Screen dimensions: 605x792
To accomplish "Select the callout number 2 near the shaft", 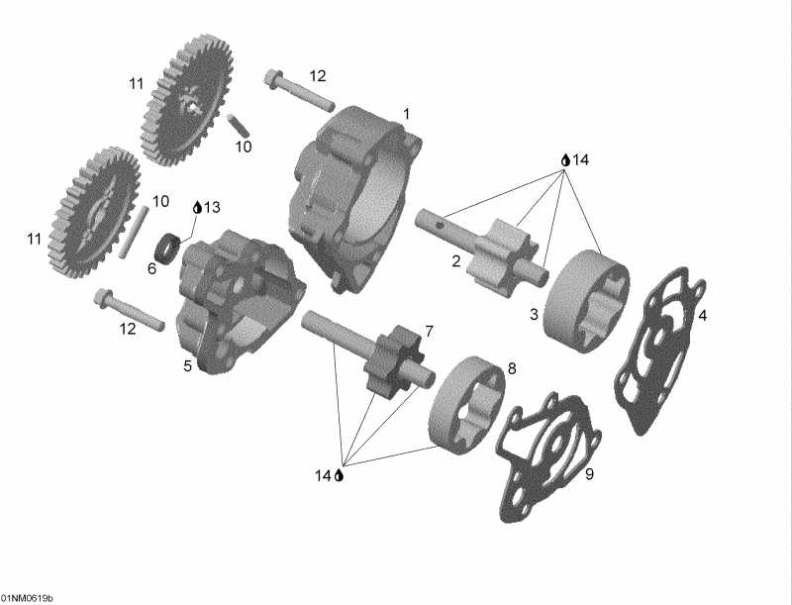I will [455, 261].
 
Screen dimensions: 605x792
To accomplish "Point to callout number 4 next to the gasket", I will [702, 316].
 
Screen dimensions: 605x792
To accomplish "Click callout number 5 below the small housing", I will [187, 366].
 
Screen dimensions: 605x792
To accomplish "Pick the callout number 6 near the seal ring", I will [151, 267].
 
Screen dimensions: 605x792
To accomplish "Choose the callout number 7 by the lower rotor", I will [429, 330].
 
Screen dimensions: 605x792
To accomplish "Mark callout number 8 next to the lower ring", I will [512, 368].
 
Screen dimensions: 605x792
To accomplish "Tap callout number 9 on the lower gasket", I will [588, 474].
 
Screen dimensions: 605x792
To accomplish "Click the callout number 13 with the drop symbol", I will [212, 207].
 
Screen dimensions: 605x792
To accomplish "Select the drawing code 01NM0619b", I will [27, 598].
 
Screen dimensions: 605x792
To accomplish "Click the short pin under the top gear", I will [238, 126].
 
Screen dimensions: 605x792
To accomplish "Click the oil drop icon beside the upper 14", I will [565, 159].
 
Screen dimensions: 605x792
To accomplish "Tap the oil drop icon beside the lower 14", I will [339, 475].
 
